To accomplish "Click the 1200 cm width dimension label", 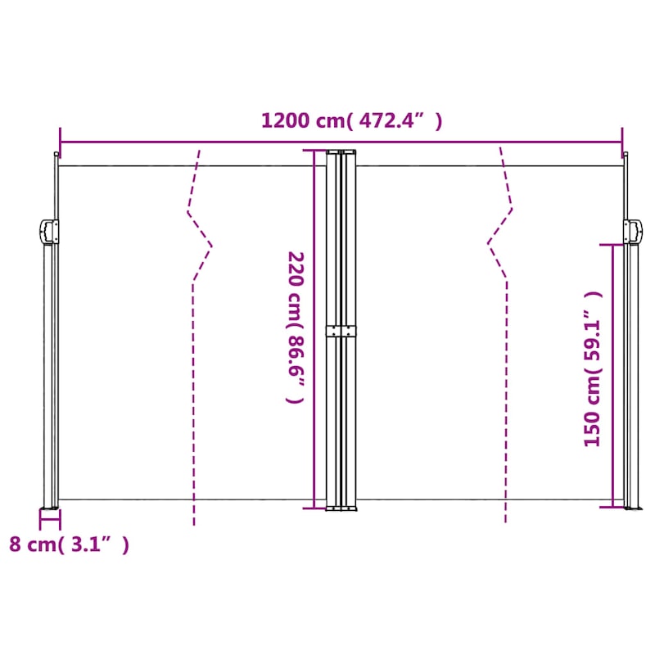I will coord(351,121).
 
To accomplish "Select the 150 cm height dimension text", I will coord(593,368).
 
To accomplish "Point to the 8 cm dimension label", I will coord(69,544).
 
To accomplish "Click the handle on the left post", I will coord(48,231).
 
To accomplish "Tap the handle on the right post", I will coord(632,231).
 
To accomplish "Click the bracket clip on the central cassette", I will coord(342,331).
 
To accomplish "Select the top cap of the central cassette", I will coord(341,152).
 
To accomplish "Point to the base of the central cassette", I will coord(341,508).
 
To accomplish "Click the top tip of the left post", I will coord(56,156).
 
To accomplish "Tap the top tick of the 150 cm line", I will coord(612,244).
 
